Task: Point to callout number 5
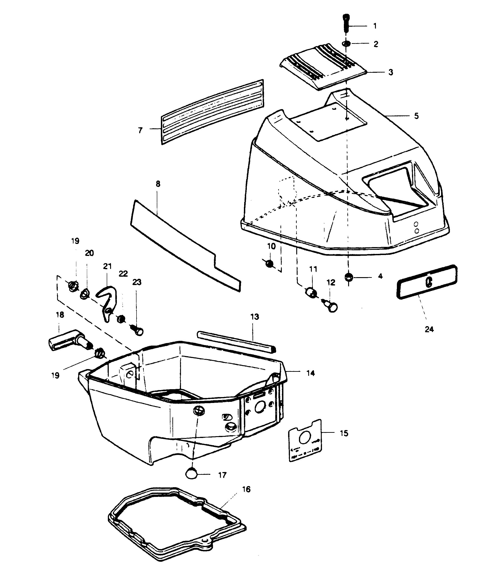[416, 116]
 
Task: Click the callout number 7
[140, 130]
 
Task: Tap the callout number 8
[158, 184]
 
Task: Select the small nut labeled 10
[269, 263]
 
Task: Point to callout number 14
[311, 373]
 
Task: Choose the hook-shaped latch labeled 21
[106, 303]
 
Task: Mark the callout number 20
[89, 253]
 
